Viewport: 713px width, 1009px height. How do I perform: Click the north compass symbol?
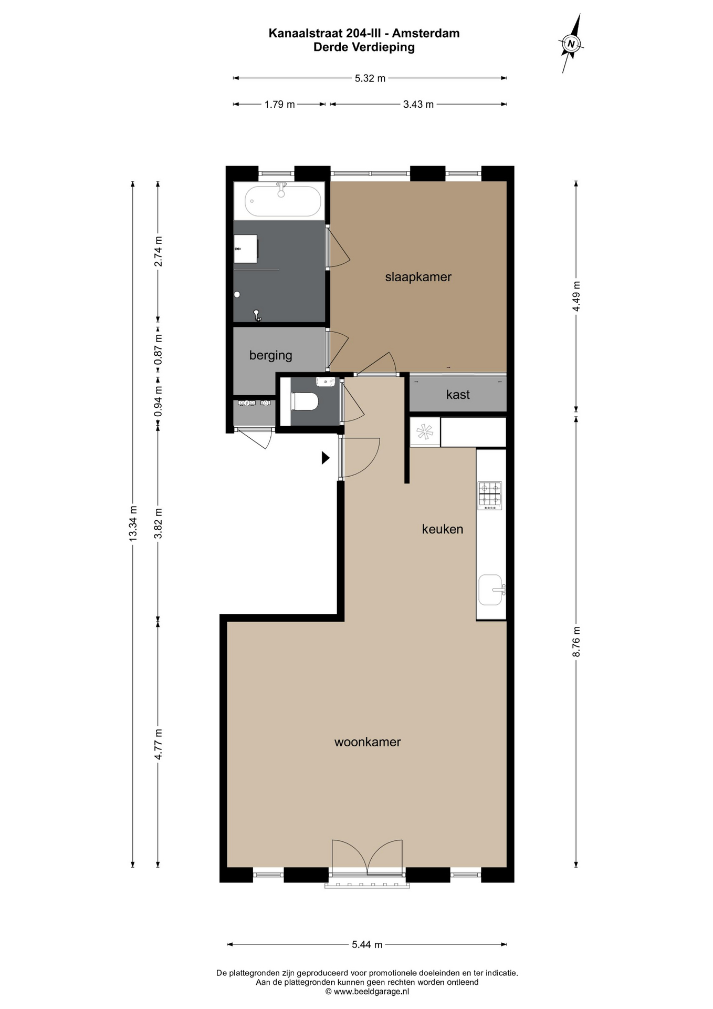(x=571, y=44)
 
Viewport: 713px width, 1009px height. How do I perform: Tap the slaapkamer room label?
(x=418, y=277)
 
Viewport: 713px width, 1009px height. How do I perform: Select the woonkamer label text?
(x=368, y=742)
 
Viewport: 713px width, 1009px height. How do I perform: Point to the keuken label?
(x=443, y=529)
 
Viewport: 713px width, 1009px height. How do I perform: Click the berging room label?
(x=270, y=356)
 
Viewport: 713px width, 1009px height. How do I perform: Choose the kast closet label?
(x=458, y=395)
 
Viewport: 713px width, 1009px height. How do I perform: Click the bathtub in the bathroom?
(x=283, y=201)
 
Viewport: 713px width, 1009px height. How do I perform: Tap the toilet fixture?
(x=305, y=402)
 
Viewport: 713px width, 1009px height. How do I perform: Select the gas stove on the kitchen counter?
(x=490, y=496)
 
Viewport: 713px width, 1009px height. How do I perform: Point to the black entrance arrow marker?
(x=326, y=458)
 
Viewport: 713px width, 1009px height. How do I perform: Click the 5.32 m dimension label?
(x=370, y=78)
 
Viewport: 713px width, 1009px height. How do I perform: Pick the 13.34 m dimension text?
(x=133, y=523)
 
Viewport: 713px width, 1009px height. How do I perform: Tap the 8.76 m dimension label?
(x=576, y=642)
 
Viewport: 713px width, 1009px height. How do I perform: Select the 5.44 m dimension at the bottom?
(x=367, y=944)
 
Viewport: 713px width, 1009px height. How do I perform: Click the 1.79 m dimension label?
(x=279, y=105)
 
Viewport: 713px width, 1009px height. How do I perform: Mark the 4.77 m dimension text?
(x=158, y=744)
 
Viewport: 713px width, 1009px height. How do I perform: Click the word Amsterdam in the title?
(x=426, y=33)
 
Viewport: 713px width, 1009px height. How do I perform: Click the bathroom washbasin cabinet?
(x=245, y=249)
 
